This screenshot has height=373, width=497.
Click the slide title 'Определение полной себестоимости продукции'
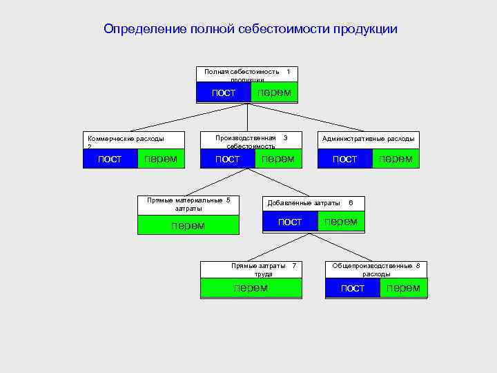pos(250,29)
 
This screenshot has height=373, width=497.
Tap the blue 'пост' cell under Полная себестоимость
pos(224,93)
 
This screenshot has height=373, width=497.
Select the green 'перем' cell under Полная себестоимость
pos(274,93)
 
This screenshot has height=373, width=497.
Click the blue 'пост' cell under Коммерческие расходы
pos(110,160)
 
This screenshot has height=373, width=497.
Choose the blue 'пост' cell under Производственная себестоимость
pos(227,160)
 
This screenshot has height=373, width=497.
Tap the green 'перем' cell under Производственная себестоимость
pos(277,160)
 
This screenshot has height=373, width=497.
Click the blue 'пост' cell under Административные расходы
pos(344,160)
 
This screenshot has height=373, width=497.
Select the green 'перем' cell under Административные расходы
pos(396,160)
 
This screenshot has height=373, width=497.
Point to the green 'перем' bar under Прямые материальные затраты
pos(188,225)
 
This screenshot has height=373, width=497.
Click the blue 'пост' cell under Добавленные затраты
pos(289,222)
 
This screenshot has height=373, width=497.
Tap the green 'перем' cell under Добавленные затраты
pos(340,222)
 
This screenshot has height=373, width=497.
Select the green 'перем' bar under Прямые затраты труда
pos(251,288)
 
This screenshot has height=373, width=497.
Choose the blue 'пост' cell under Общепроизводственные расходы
pos(352,288)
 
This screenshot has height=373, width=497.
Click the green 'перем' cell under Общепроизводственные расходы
pos(403,288)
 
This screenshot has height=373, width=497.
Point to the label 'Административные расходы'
pos(368,139)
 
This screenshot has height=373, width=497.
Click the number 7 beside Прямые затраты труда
pos(294,266)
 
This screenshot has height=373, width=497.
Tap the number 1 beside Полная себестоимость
pos(288,71)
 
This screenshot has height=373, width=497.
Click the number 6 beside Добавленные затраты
pos(351,203)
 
